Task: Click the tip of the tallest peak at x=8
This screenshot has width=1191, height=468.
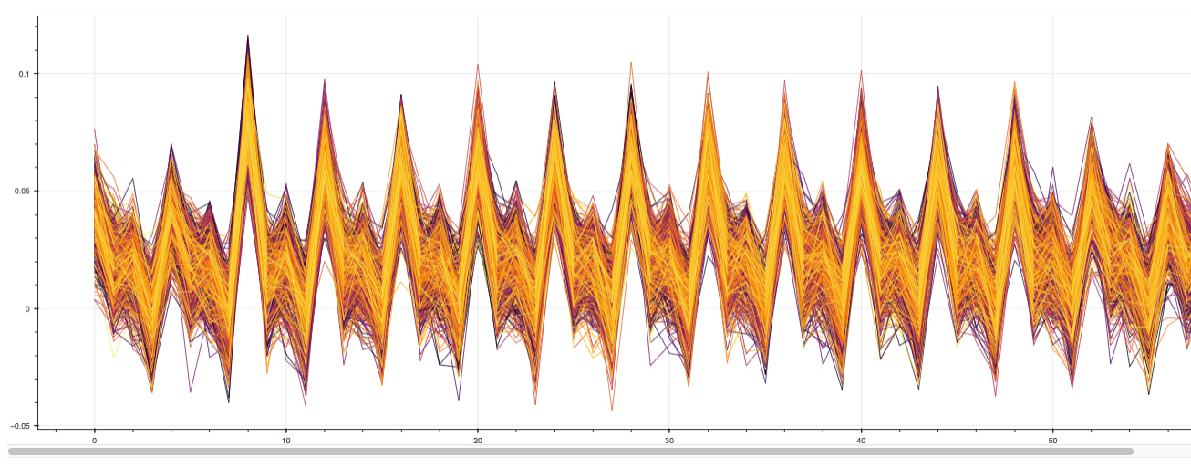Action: point(247,36)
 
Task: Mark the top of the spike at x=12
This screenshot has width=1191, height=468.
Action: point(324,79)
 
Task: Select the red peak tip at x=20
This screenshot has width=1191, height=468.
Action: point(477,64)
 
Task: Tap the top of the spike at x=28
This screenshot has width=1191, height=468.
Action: point(630,62)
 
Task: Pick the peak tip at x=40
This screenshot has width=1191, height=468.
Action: point(860,70)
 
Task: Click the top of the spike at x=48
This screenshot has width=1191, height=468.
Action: point(1013,82)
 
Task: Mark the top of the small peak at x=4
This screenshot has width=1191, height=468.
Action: point(171,143)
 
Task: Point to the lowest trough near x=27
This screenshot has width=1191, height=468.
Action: point(612,410)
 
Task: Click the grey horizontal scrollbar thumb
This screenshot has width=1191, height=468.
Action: point(570,451)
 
